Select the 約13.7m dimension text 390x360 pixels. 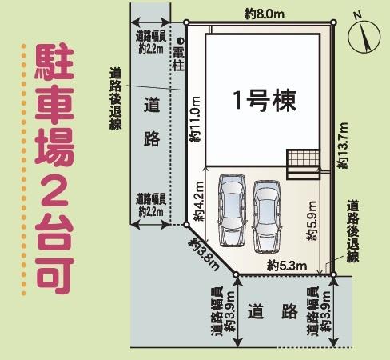coord(344,146)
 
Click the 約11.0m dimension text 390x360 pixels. coord(195,119)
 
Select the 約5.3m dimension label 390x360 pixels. coord(283,265)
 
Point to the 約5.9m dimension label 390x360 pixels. coord(312,226)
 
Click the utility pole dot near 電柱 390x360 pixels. coord(180,40)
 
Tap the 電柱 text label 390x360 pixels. coord(178,61)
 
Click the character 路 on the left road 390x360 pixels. coord(153,138)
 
